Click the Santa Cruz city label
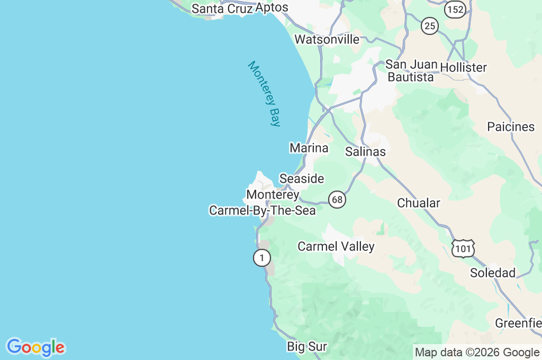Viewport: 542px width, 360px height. coord(222,8)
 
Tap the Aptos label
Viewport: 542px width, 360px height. coord(272,7)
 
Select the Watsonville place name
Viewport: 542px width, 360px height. coord(327,39)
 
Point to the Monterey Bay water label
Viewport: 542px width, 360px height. coord(264,94)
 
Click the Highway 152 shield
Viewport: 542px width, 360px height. coord(455,9)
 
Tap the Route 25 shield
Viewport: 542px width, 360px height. coord(430,25)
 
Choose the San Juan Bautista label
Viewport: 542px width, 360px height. coord(411,70)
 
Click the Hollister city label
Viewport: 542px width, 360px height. coord(463,67)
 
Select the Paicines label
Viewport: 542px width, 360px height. coord(511,127)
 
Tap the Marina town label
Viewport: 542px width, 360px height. coord(309,148)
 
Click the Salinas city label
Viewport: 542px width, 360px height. coord(365,151)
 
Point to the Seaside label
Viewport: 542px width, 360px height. coord(302,178)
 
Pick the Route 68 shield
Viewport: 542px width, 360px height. coord(337,200)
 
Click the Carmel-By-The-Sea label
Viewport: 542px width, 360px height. coord(263,210)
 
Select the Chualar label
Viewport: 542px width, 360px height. coord(419,203)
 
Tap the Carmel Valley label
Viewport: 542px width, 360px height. coord(336,246)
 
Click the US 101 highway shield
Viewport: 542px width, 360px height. coord(463,248)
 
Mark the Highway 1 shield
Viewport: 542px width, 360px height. coord(261,258)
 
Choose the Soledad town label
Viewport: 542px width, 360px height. coord(493,273)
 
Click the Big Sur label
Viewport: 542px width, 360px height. coord(307,347)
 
